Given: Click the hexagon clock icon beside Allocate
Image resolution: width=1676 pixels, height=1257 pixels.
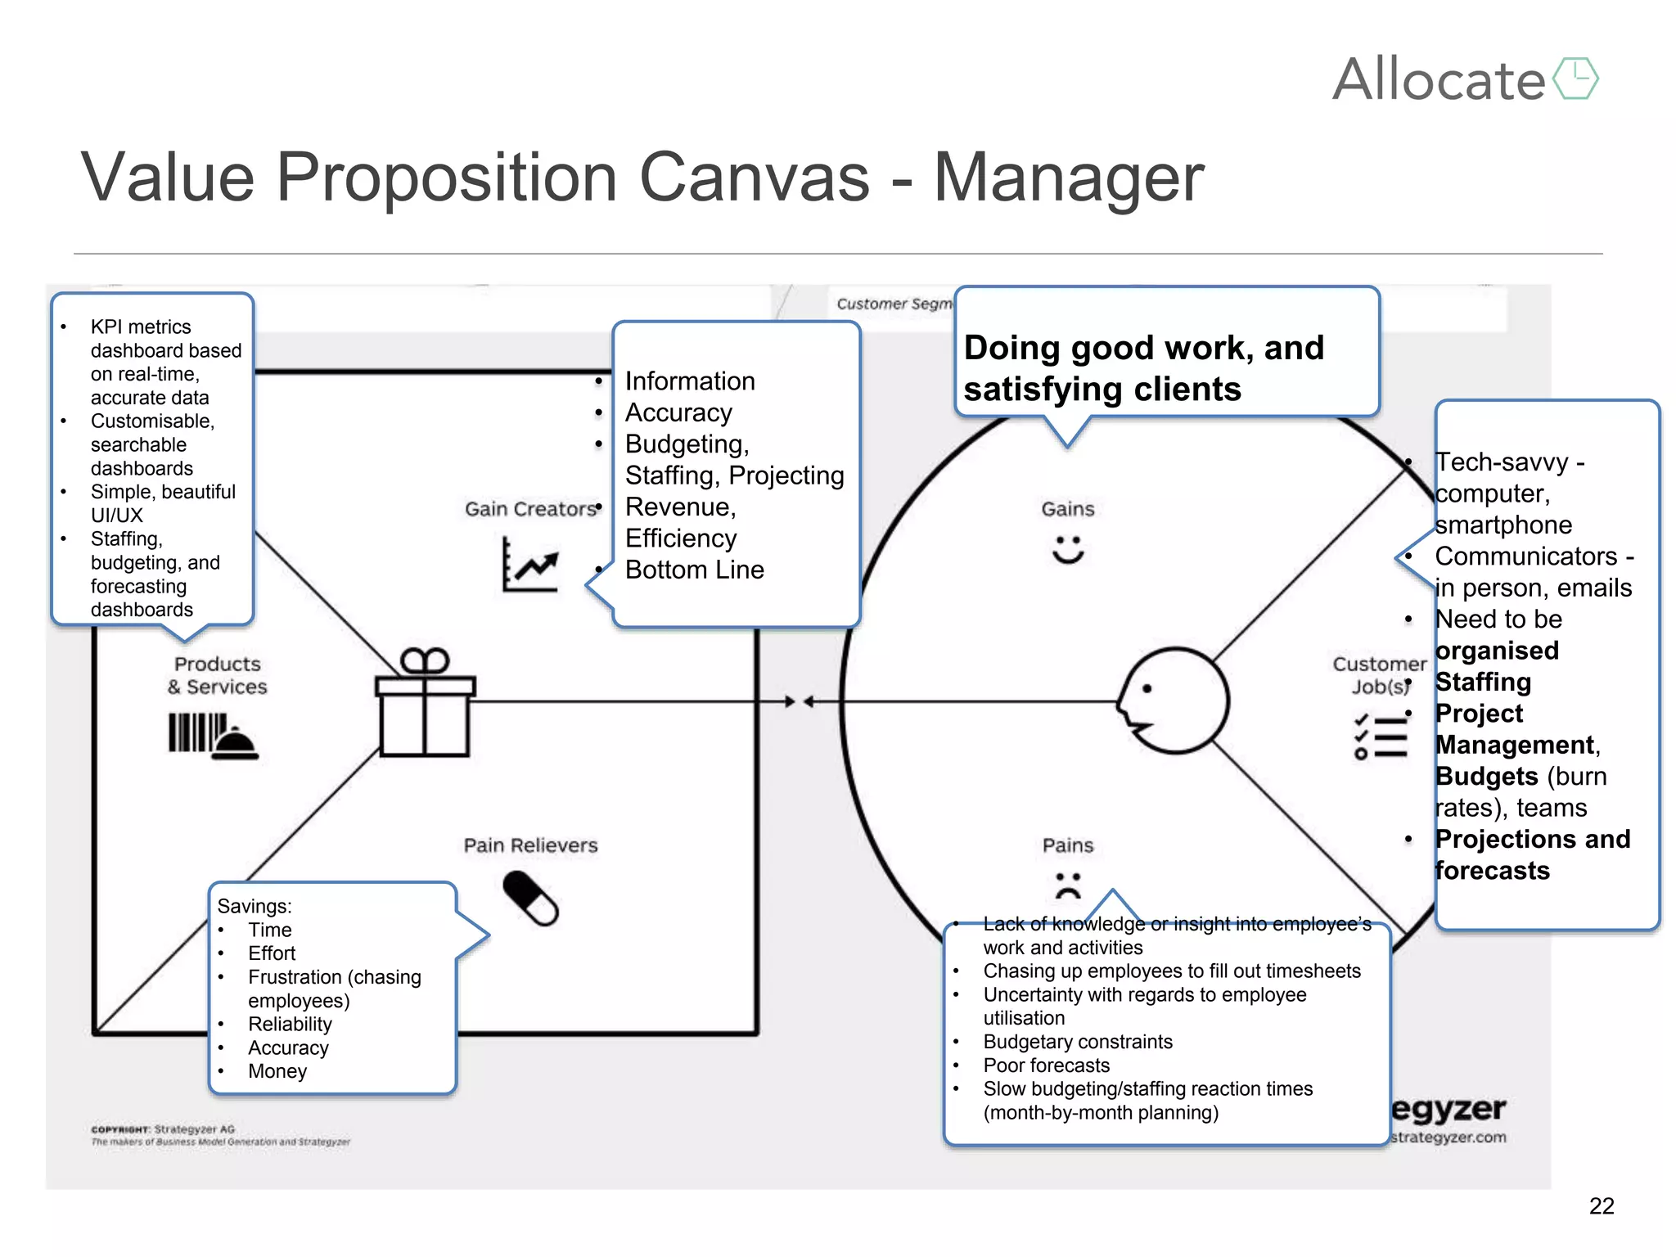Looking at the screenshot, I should click(x=1575, y=79).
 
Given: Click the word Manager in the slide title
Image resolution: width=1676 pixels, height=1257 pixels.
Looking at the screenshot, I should click(x=1069, y=178).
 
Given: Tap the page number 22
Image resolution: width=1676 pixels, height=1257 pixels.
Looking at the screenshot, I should click(x=1602, y=1205).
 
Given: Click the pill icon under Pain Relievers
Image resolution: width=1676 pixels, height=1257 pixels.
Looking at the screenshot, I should click(x=530, y=898).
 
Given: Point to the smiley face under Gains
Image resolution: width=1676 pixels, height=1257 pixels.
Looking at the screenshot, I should click(x=1068, y=549).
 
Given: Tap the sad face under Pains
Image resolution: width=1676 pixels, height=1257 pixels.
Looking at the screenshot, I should click(x=1068, y=885).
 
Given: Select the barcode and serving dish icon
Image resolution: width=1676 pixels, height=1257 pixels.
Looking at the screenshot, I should click(x=213, y=736).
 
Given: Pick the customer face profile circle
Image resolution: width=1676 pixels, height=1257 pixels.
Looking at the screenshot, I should click(x=1174, y=701).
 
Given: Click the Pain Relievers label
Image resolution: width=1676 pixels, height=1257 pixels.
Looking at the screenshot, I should click(x=530, y=845).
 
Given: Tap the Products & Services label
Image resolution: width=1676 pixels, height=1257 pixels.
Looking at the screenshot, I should click(x=218, y=675).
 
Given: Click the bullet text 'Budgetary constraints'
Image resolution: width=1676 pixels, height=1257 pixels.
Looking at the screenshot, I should click(x=1078, y=1042).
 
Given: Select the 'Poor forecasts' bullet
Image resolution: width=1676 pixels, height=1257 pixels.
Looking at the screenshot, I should click(x=1047, y=1066).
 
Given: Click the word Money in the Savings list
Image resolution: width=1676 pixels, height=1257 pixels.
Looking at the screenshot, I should click(x=277, y=1071).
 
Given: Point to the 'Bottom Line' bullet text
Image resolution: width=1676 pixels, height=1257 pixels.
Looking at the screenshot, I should click(x=694, y=570).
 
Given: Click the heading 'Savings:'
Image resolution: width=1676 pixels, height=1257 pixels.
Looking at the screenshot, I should click(x=255, y=906).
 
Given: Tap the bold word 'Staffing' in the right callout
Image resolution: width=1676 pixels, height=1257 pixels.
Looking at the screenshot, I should click(x=1483, y=682).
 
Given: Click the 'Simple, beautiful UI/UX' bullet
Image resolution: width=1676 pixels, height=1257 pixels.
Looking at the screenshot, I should click(x=162, y=503).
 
